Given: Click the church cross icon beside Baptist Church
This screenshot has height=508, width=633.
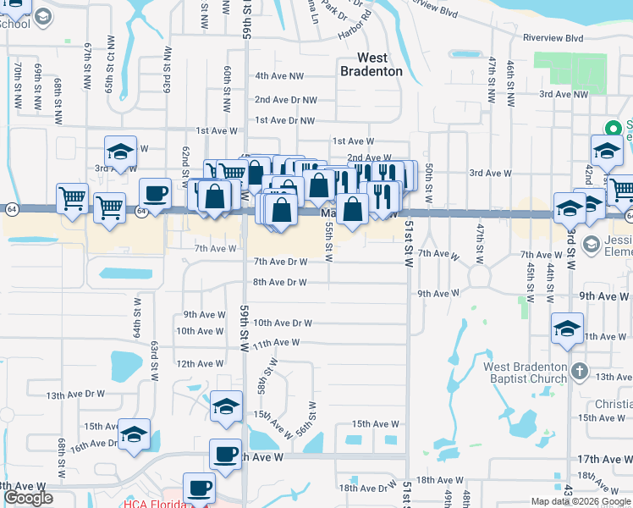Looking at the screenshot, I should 579,372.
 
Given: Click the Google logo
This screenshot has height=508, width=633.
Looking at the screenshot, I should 28,498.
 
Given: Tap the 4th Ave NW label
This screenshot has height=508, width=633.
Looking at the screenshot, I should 279,76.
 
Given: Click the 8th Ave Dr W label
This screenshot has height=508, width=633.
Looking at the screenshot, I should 279,283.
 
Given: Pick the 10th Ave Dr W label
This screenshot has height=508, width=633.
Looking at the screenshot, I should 283,323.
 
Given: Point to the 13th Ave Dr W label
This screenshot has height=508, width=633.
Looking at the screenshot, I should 75,395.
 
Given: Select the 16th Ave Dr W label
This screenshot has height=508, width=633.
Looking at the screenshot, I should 90,446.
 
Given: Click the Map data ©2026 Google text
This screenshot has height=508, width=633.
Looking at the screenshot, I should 581,501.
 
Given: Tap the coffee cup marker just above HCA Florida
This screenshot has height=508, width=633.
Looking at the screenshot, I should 200,489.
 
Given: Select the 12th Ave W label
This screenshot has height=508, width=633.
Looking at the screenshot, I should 200,363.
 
